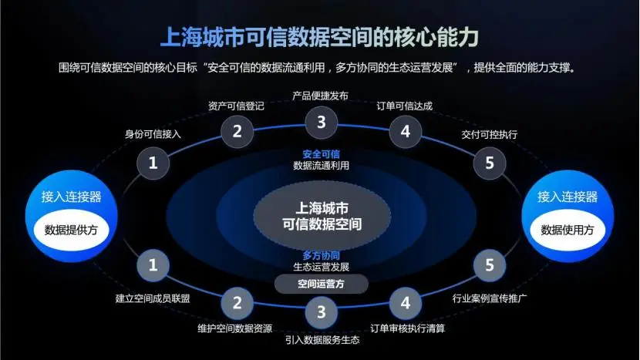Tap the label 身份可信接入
[153, 134]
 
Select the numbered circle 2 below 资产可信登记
[237, 131]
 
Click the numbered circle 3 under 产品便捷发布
[321, 121]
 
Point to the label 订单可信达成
[404, 106]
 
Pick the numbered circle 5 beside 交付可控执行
[489, 163]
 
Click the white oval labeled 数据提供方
[72, 230]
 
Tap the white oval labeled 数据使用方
[568, 230]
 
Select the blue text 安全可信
[321, 153]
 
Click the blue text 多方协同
[321, 254]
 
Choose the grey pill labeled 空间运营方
[321, 284]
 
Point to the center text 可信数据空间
[321, 225]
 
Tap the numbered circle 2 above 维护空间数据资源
[237, 302]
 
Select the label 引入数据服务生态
[321, 339]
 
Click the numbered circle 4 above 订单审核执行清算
[405, 302]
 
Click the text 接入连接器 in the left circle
[72, 197]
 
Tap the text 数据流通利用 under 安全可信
[321, 165]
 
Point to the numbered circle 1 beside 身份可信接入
[153, 163]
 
